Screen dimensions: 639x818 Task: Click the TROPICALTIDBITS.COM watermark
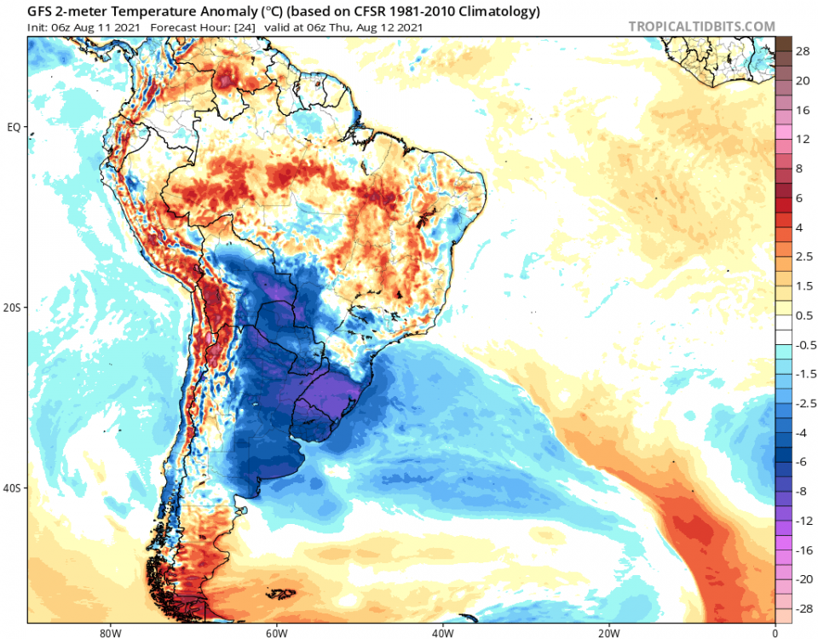pyautogui.click(x=701, y=26)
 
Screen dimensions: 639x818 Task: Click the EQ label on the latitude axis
pyautogui.click(x=14, y=127)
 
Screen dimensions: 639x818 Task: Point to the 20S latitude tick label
pyautogui.click(x=13, y=308)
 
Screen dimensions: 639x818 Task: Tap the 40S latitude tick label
pyautogui.click(x=13, y=488)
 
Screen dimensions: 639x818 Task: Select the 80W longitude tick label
pyautogui.click(x=107, y=632)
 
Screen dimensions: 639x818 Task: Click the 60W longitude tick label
pyautogui.click(x=274, y=632)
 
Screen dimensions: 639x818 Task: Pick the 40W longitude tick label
pyautogui.click(x=441, y=632)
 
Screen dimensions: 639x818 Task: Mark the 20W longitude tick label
pyautogui.click(x=608, y=632)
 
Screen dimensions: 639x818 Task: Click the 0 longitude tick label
pyautogui.click(x=775, y=632)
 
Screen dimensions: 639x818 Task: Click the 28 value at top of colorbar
pyautogui.click(x=803, y=52)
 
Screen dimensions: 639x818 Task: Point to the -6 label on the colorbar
pyautogui.click(x=803, y=462)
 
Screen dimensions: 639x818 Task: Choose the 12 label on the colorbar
pyautogui.click(x=803, y=139)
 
